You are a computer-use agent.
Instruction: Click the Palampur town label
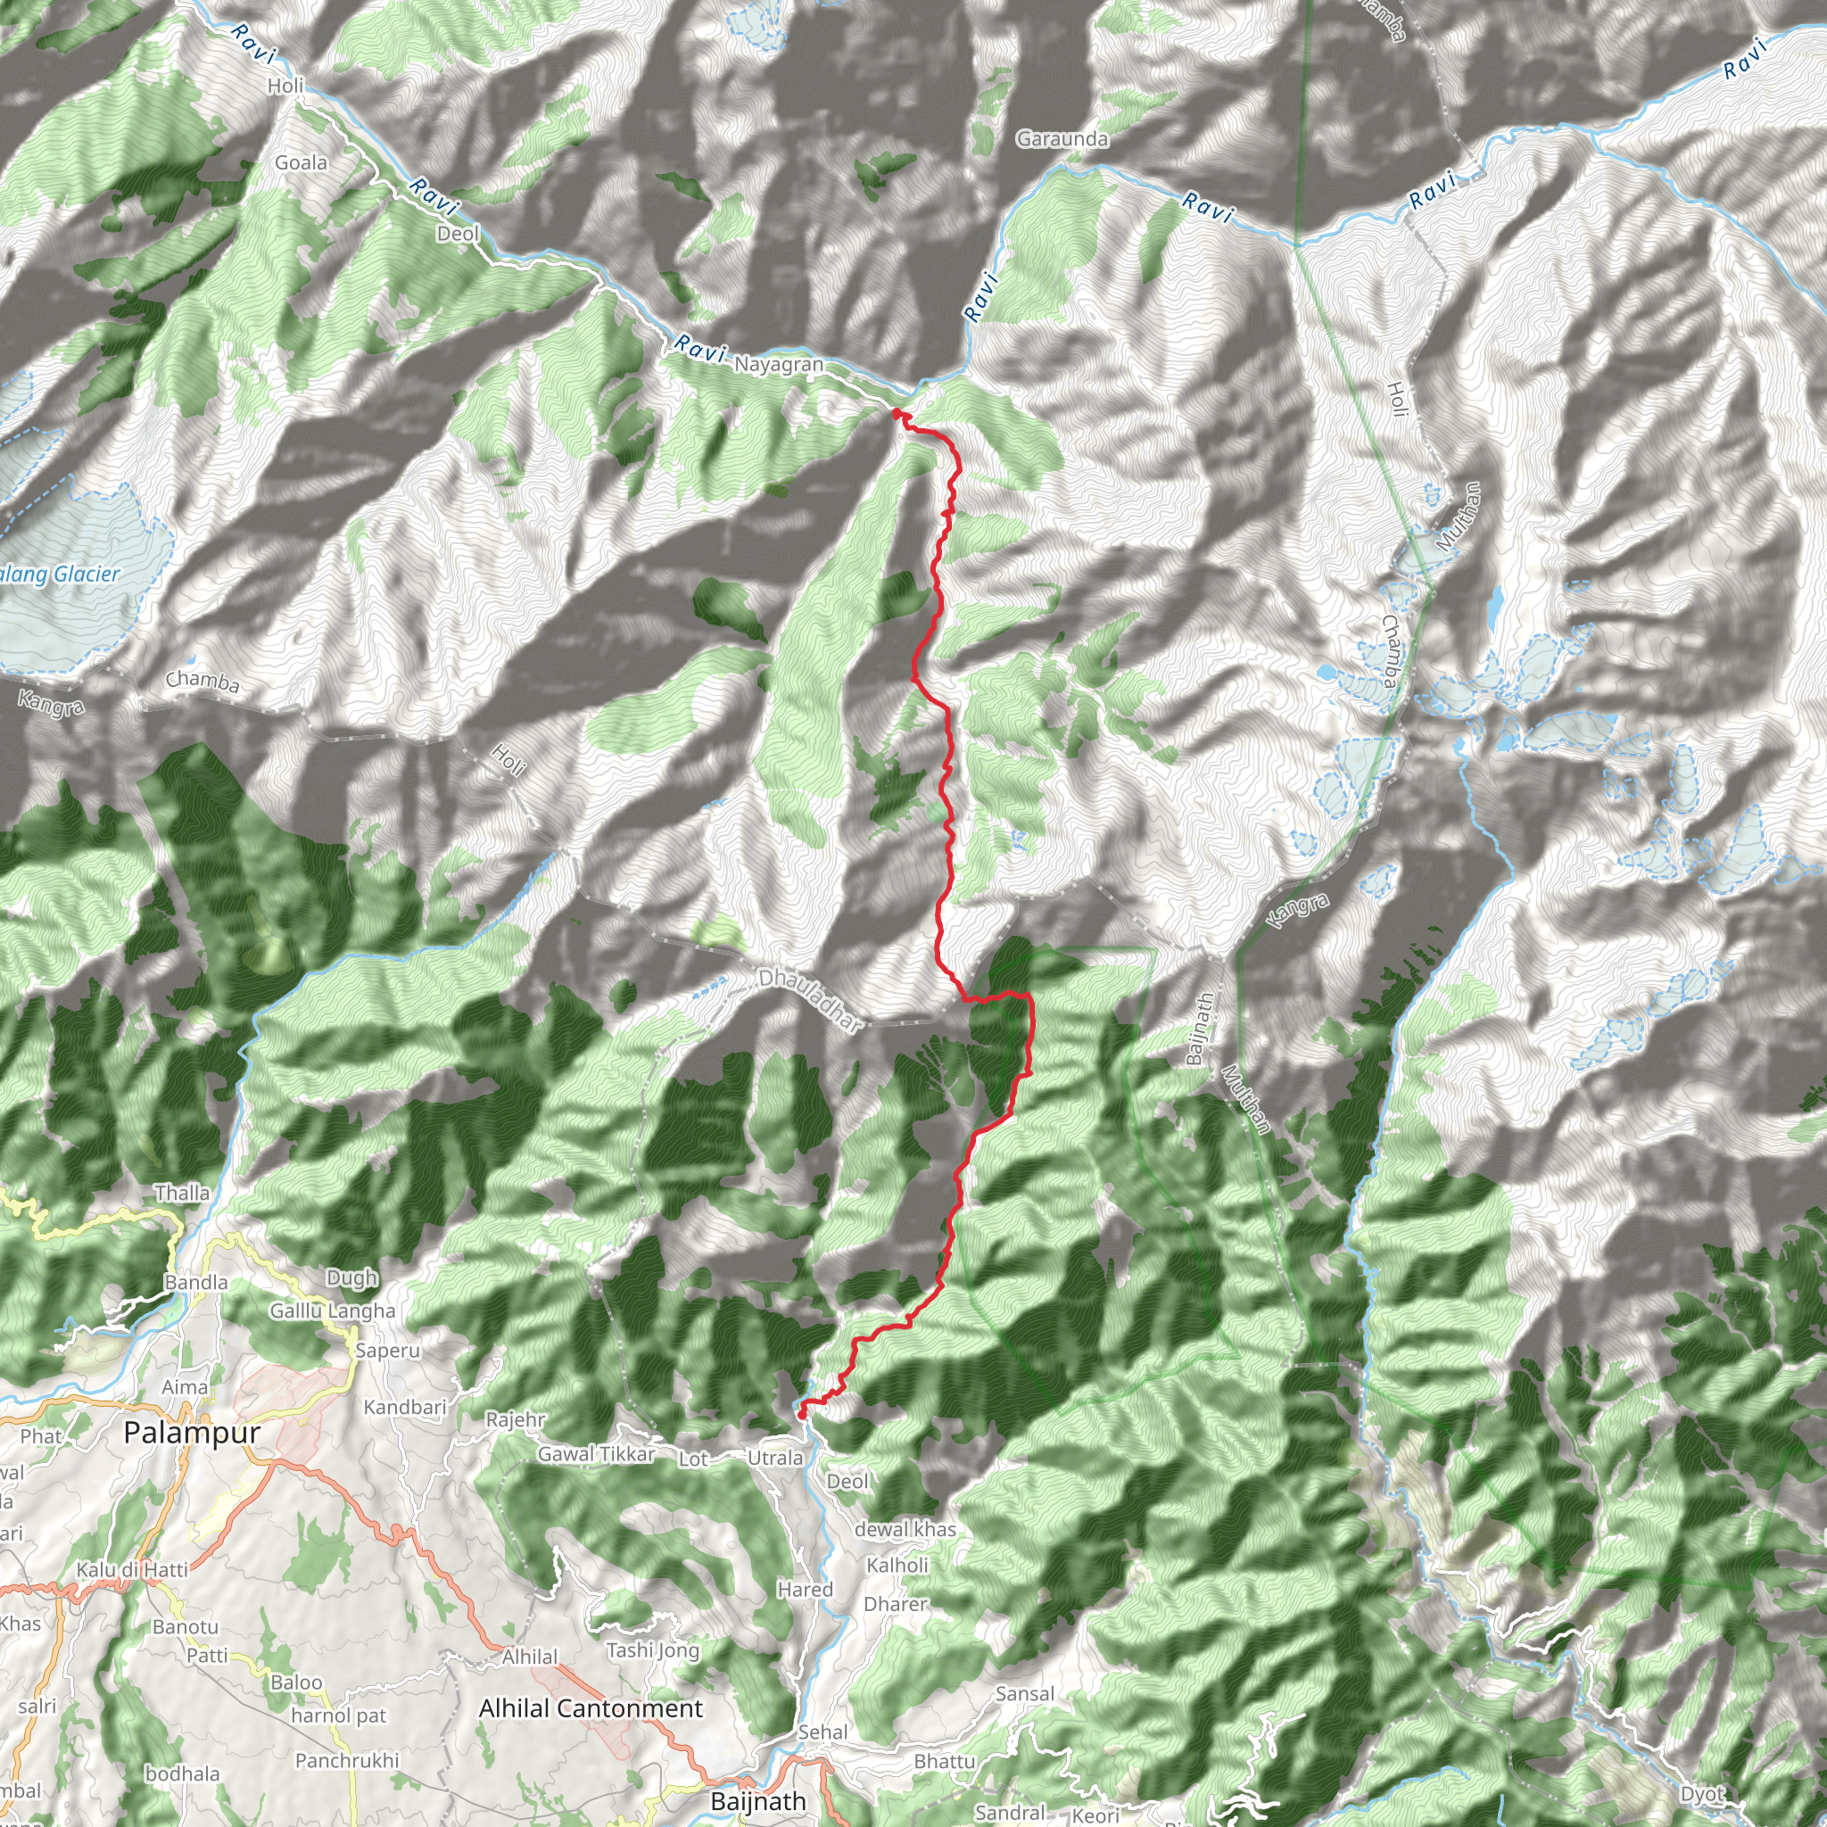point(191,1433)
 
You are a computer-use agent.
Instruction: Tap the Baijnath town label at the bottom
point(758,1801)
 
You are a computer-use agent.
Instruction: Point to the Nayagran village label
point(778,364)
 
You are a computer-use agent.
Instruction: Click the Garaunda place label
point(1062,139)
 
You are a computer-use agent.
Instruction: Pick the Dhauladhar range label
point(812,999)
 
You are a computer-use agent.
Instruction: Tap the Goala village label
point(301,162)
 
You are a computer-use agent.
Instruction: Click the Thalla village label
point(183,1193)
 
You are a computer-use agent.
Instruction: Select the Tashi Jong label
point(652,1650)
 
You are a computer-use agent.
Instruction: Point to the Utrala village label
point(774,1458)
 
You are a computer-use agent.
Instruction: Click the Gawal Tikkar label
point(596,1453)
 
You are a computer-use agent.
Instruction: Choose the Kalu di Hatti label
point(132,1569)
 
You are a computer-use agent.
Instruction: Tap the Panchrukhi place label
point(347,1760)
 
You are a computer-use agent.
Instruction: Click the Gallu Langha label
point(332,1310)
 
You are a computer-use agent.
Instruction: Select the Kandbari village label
point(405,1407)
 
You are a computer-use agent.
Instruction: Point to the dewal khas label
point(905,1529)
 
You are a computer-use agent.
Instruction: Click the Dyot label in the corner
point(1703,1794)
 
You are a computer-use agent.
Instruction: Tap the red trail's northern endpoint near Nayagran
point(896,413)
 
